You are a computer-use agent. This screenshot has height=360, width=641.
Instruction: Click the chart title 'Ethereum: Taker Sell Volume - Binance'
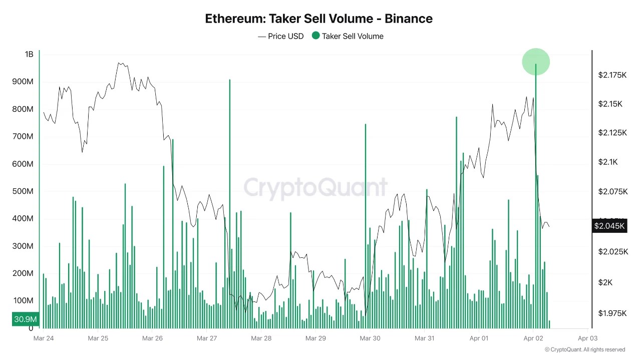pyautogui.click(x=318, y=19)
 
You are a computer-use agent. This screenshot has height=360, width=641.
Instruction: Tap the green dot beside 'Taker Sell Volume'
pyautogui.click(x=315, y=36)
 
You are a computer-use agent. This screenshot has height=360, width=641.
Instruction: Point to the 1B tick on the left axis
pyautogui.click(x=29, y=54)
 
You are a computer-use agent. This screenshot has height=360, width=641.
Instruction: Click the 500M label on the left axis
pyautogui.click(x=23, y=191)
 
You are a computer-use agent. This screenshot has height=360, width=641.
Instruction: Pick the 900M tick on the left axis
pyautogui.click(x=23, y=82)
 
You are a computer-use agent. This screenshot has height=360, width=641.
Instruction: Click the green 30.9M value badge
pyautogui.click(x=25, y=319)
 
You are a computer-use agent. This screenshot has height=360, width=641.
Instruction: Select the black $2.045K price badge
pyautogui.click(x=609, y=226)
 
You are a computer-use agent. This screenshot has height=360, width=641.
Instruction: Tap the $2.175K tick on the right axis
pyautogui.click(x=612, y=75)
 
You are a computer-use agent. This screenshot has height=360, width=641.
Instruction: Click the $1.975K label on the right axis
pyautogui.click(x=612, y=313)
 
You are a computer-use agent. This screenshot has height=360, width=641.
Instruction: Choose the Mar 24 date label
pyautogui.click(x=44, y=338)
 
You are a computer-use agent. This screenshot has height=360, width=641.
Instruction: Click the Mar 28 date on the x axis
pyautogui.click(x=261, y=338)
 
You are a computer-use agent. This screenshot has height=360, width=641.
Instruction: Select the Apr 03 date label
pyautogui.click(x=587, y=338)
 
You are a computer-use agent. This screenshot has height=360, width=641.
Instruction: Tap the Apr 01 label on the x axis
pyautogui.click(x=479, y=338)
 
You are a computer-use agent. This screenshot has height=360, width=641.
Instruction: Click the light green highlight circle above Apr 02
pyautogui.click(x=536, y=62)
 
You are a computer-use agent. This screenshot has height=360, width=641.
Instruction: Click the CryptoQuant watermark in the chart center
pyautogui.click(x=315, y=188)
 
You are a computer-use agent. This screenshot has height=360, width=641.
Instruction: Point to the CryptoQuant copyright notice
pyautogui.click(x=584, y=349)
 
